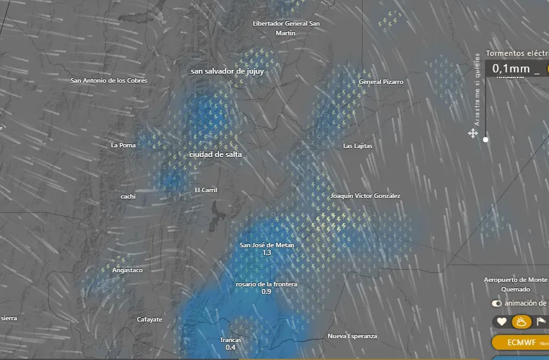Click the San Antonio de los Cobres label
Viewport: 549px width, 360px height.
coord(109,81)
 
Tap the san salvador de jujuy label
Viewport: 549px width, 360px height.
coord(227,71)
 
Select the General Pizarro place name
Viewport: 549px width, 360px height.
coord(381,82)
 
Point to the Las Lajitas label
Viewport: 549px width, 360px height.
coord(357,146)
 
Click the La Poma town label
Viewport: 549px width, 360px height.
coord(123,145)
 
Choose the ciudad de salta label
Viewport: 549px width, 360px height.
coord(215,155)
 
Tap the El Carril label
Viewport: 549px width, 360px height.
coord(206,190)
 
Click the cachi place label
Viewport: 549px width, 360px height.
coord(128,197)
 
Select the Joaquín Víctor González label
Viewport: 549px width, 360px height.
coord(365,195)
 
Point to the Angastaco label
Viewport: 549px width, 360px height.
coord(127,270)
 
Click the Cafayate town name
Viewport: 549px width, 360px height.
coord(149,319)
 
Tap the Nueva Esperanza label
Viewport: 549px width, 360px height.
coord(352,336)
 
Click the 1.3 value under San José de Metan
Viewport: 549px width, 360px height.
coord(266,253)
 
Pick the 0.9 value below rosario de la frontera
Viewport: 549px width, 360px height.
coord(266,291)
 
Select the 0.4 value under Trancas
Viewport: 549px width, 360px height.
coord(231,347)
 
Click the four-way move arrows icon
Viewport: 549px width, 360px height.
coord(473,133)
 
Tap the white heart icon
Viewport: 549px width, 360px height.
coord(502,322)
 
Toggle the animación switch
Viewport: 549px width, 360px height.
coord(496,303)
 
